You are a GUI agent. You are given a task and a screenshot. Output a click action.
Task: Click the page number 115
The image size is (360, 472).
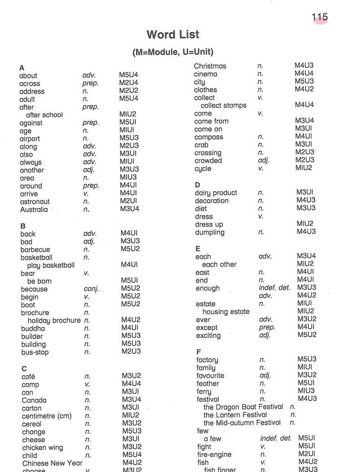tap(319, 18)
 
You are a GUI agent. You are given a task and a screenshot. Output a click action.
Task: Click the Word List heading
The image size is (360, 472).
tap(173, 35)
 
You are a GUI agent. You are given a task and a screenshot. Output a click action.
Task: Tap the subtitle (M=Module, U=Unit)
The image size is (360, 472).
tap(173, 52)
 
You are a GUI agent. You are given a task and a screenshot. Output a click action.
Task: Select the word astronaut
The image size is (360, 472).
tap(35, 202)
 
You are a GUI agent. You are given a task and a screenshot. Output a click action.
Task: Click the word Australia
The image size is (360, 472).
tap(34, 210)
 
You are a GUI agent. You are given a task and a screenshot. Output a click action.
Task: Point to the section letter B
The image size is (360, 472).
tap(23, 226)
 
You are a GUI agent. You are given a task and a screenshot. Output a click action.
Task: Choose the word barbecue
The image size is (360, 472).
tap(35, 250)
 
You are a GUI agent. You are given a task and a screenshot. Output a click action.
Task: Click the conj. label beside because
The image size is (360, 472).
tap(91, 289)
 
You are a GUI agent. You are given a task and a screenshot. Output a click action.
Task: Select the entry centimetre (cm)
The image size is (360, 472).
tap(47, 416)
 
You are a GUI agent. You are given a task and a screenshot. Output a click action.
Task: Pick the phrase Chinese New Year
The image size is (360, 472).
tap(52, 463)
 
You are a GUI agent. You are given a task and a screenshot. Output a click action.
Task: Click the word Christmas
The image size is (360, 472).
tap(210, 66)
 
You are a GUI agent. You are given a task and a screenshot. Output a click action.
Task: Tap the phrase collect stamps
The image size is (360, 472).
tap(224, 105)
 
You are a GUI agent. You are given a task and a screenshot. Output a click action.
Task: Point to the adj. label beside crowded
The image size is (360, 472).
tap(264, 161)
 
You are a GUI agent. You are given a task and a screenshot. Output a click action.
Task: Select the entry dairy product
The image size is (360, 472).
tap(216, 193)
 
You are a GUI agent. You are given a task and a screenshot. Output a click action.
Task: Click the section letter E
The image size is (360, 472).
tap(198, 248)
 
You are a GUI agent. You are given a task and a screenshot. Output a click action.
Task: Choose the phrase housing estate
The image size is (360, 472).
tap(226, 311)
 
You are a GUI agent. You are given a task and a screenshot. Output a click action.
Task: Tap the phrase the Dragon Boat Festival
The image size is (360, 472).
tap(243, 407)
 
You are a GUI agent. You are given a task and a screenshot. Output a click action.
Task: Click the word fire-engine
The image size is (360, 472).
tap(214, 454)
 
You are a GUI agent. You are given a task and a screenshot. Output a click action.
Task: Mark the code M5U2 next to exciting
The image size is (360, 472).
tap(307, 335)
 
